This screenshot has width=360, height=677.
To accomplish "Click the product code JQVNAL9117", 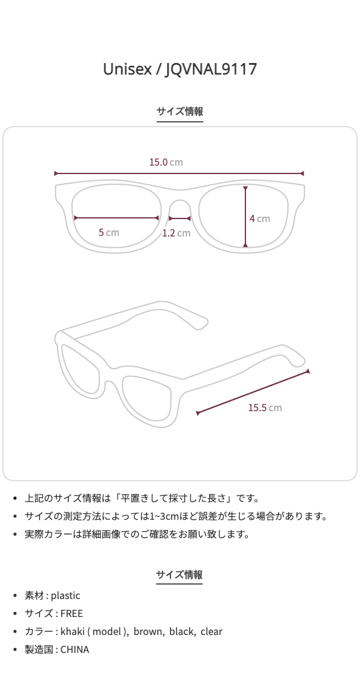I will pyautogui.click(x=211, y=69).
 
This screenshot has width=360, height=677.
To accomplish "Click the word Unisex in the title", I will pyautogui.click(x=128, y=69).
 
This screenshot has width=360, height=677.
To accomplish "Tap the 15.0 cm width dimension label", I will pyautogui.click(x=166, y=162).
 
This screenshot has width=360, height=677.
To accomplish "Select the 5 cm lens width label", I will pyautogui.click(x=109, y=232).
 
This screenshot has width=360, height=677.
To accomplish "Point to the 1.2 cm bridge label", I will pyautogui.click(x=176, y=233).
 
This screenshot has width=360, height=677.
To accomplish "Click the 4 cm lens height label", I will pyautogui.click(x=259, y=218).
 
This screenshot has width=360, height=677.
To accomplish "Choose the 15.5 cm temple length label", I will pyautogui.click(x=265, y=408).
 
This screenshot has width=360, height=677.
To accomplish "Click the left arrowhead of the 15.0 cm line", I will pyautogui.click(x=56, y=173).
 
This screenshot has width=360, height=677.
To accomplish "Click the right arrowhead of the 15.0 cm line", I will pyautogui.click(x=304, y=173).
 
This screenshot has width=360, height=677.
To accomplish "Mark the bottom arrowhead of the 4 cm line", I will pyautogui.click(x=245, y=245).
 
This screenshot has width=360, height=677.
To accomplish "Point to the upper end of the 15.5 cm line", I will pyautogui.click(x=308, y=372).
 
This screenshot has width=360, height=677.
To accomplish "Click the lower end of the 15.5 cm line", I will pyautogui.click(x=198, y=413).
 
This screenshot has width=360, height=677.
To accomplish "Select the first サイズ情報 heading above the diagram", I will pyautogui.click(x=180, y=112).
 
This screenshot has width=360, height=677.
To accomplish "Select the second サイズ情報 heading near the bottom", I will pyautogui.click(x=179, y=574).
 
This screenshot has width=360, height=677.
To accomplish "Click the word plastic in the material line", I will pyautogui.click(x=65, y=595).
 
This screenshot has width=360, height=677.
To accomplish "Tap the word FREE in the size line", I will pyautogui.click(x=71, y=613).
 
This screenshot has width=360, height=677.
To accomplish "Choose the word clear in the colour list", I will pyautogui.click(x=211, y=631).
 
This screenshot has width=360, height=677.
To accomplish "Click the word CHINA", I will pyautogui.click(x=74, y=649).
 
